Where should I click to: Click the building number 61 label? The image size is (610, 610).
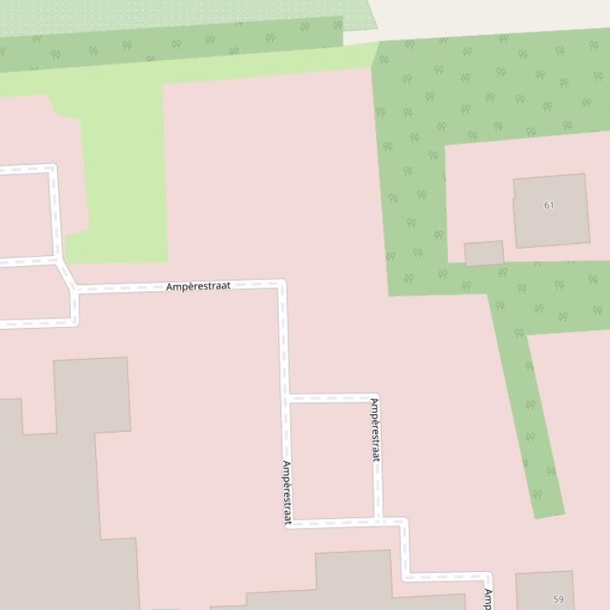tap(549, 205)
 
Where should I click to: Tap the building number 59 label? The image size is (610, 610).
tap(558, 599)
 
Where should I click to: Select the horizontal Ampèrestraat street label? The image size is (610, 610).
tap(198, 286)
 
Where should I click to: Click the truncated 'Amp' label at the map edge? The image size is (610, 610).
tap(489, 599)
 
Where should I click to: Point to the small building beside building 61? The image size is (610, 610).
tap(484, 254)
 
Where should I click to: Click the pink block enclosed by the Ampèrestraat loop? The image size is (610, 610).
tap(332, 459)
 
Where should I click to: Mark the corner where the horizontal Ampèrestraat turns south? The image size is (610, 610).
tap(282, 284)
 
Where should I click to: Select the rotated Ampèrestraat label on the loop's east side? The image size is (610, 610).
tap(375, 429)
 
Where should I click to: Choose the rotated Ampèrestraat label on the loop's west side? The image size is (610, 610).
tap(287, 493)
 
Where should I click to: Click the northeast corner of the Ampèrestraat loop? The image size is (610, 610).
tap(376, 398)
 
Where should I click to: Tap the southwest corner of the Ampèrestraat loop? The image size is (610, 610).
tap(288, 523)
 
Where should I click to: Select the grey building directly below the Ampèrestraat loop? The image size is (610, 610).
tap(353, 582)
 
